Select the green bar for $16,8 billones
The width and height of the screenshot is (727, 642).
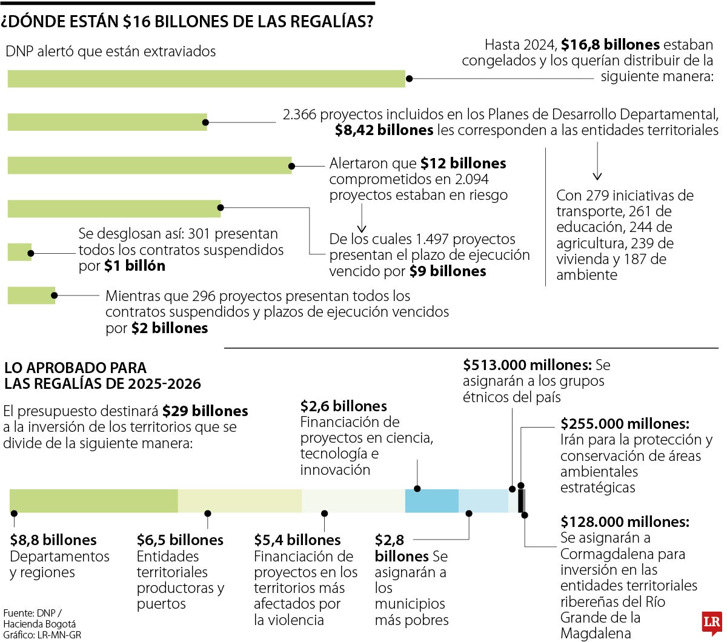(x=206, y=79)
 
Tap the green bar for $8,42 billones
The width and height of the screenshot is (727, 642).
(x=107, y=122)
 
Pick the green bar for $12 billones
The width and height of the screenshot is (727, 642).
(x=149, y=165)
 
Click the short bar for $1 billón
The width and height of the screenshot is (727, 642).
(x=19, y=252)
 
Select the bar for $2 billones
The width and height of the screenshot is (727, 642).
(x=31, y=296)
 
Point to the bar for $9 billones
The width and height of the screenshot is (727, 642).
(x=114, y=209)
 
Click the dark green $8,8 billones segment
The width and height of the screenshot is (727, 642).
(x=93, y=501)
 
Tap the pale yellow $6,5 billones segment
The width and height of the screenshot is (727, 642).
(x=239, y=501)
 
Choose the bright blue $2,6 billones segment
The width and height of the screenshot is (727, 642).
(x=431, y=501)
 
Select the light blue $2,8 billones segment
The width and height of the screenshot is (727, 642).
(x=483, y=501)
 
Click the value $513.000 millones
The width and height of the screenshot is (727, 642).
(x=526, y=365)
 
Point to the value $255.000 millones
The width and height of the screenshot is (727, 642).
(x=625, y=423)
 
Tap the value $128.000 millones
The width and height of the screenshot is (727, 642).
(x=625, y=521)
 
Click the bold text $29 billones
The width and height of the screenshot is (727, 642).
(x=205, y=411)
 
